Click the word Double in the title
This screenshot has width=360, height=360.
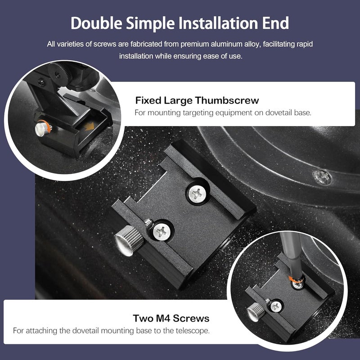tap(96, 23)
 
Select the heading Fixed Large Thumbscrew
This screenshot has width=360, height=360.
tap(197, 100)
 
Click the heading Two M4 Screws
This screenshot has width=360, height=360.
tap(171, 319)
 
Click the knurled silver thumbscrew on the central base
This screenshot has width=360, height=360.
tap(129, 240)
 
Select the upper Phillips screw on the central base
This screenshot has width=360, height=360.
tap(197, 194)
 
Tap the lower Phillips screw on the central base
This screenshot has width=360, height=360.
tap(162, 231)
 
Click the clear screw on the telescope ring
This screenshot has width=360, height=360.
tap(322, 177)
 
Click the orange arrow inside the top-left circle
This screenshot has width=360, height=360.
tap(89, 126)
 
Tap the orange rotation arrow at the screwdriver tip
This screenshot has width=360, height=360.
tap(292, 279)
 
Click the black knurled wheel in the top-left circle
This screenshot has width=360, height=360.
tap(58, 74)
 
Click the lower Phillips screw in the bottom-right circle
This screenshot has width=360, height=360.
tap(276, 306)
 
